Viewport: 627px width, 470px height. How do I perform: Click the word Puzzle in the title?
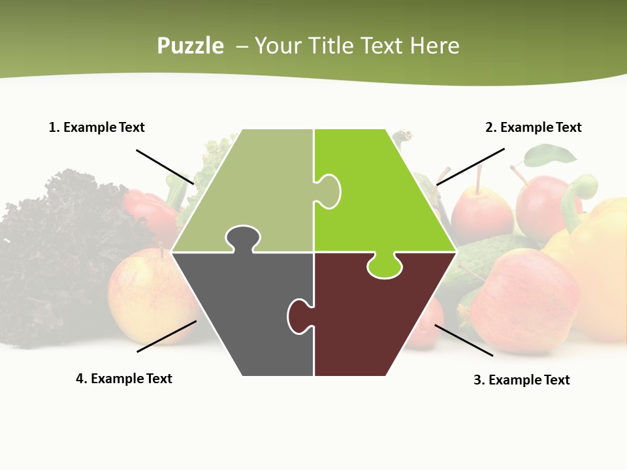(190, 46)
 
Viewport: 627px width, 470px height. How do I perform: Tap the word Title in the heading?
(331, 46)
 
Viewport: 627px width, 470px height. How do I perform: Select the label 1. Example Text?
(97, 127)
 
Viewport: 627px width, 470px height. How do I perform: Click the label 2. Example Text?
(533, 127)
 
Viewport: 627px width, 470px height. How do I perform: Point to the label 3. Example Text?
(521, 380)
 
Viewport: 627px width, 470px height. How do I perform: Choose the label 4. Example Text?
(123, 379)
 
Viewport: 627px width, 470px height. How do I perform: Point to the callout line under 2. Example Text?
(470, 166)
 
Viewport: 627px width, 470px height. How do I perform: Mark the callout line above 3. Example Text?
(464, 340)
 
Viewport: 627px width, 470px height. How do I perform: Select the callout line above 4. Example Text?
(167, 336)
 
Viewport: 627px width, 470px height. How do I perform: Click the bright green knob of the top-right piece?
(385, 266)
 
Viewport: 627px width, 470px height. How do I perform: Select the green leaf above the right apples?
(552, 155)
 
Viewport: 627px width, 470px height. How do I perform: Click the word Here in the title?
(434, 46)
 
